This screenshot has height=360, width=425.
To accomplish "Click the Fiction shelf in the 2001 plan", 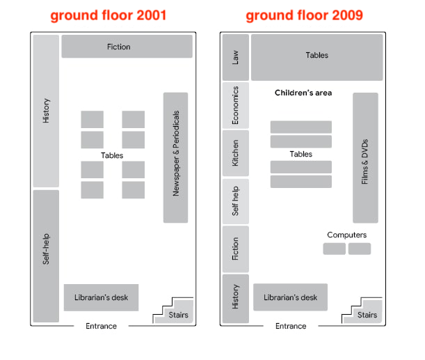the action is [127, 47].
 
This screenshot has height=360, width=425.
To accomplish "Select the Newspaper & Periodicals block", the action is [176, 157].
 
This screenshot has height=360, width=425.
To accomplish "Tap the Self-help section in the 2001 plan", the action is [46, 256].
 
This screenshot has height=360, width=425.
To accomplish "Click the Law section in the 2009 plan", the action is [236, 57].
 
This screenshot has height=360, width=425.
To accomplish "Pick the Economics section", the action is [236, 105].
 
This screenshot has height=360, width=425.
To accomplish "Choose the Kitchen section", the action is [236, 153].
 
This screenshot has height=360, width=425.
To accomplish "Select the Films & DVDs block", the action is [365, 158].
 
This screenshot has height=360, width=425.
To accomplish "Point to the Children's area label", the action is [303, 93].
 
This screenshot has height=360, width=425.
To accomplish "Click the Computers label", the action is [346, 235].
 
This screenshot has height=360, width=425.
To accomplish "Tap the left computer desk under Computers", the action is [334, 249].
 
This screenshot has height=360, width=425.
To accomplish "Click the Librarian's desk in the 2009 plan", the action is [290, 297].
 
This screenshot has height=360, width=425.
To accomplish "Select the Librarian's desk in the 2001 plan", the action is [101, 297].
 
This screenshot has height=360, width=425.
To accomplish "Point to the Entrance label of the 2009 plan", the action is [291, 326].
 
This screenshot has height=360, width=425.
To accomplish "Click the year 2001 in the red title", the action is [151, 15].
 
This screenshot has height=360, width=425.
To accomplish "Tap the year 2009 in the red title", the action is [347, 15].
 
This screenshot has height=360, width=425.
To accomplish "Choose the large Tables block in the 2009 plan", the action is [317, 57].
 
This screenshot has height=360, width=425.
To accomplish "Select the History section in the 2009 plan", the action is [236, 299].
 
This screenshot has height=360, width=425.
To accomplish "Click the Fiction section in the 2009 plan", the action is [236, 249].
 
